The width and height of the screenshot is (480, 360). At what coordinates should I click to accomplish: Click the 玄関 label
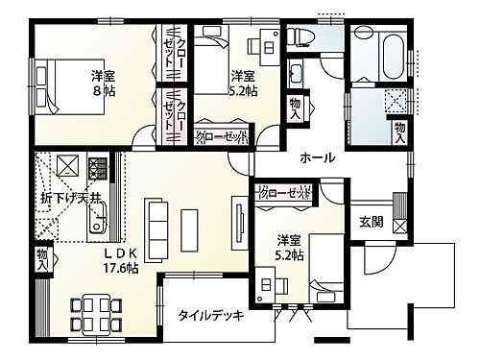click(x=372, y=222)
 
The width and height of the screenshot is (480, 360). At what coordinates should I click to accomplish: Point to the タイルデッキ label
click(x=211, y=315)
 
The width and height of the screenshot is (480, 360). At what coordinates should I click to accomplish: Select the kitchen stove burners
click(x=96, y=170)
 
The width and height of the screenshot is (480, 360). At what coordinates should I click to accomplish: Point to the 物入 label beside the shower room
click(x=400, y=128)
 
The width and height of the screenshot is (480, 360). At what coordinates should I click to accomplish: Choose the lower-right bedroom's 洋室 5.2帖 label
click(x=291, y=247)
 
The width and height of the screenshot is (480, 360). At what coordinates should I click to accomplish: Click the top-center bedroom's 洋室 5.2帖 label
click(x=242, y=83)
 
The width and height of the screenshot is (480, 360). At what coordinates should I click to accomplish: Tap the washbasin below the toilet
click(x=297, y=73)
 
